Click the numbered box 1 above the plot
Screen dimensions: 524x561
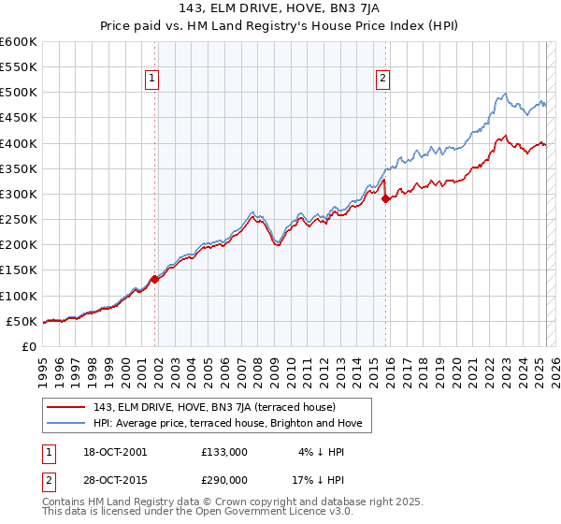(x=153, y=80)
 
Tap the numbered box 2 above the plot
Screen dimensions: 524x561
(x=383, y=80)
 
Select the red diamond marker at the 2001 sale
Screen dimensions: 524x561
(x=155, y=279)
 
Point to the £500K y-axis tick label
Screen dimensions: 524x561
(x=19, y=93)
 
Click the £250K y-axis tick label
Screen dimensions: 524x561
(x=19, y=220)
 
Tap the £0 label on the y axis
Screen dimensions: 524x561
(x=30, y=347)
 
